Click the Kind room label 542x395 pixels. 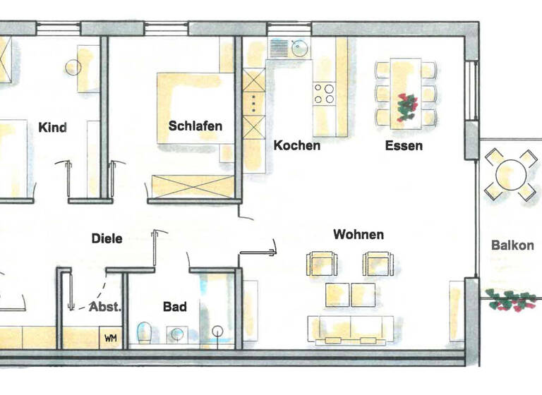click(x=54, y=128)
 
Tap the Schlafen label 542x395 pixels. click(x=195, y=126)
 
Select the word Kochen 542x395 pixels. click(x=296, y=145)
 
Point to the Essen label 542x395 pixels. click(x=404, y=146)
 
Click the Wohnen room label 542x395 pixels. click(x=359, y=234)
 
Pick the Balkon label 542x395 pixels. click(x=512, y=246)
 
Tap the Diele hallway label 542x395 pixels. click(x=107, y=238)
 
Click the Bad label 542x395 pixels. click(x=175, y=306)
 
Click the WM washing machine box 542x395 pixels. click(x=111, y=338)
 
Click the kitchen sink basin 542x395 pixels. click(x=299, y=49)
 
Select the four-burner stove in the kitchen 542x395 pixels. click(x=324, y=94)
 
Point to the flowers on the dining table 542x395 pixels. click(x=406, y=107)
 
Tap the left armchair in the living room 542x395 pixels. click(x=320, y=264)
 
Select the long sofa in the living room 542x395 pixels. click(x=350, y=330)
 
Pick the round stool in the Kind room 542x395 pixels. click(x=74, y=68)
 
